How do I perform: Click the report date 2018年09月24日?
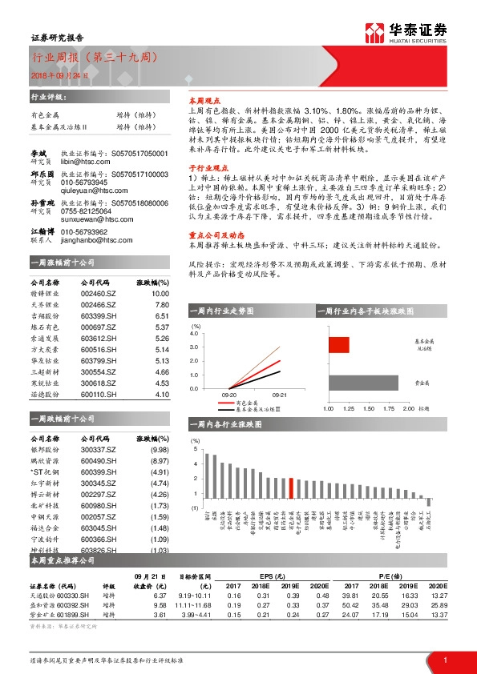(x=61, y=74)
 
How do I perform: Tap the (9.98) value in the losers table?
(x=160, y=450)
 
